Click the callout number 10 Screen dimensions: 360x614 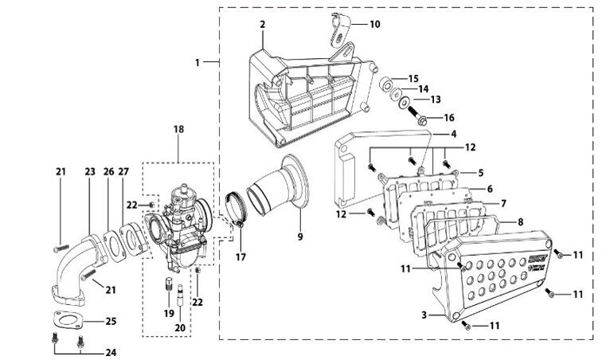[x=374, y=25]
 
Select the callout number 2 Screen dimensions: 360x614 [x=261, y=25]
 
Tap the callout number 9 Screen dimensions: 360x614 [x=300, y=236]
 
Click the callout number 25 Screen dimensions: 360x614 [x=111, y=322]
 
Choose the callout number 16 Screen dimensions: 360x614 [x=448, y=117]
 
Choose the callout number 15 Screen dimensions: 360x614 [x=413, y=78]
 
